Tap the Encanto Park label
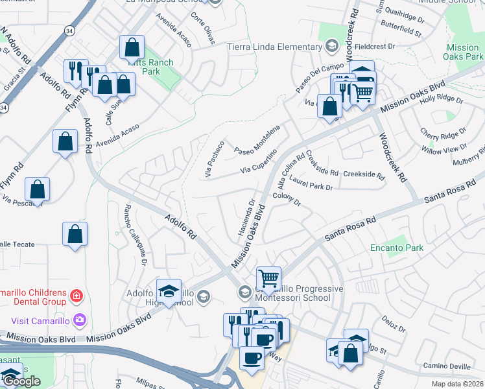click(396, 248)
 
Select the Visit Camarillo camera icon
click(79, 319)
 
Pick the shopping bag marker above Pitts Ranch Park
click(132, 47)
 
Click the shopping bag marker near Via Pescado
click(38, 189)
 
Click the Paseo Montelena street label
click(256, 137)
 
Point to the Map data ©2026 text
click(456, 384)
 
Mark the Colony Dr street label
click(287, 199)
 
